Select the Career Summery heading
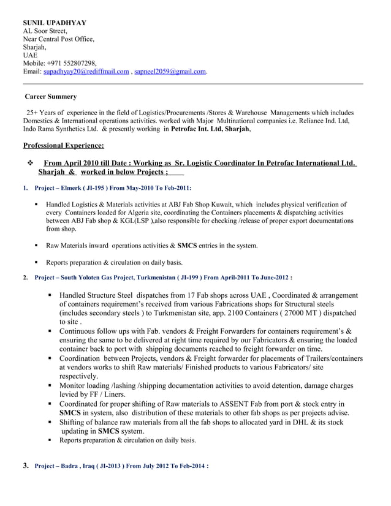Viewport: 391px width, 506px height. click(50, 97)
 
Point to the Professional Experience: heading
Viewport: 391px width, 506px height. click(63, 145)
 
